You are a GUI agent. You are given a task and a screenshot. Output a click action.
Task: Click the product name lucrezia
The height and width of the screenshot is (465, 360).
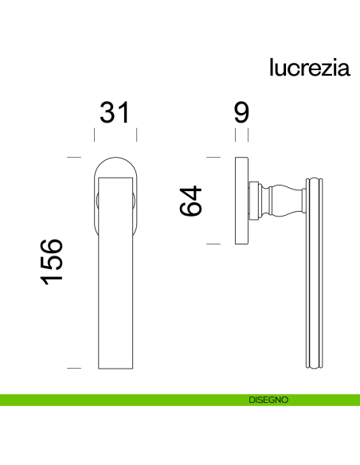[309, 68]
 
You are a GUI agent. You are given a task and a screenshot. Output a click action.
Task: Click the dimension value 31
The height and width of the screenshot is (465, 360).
[114, 113]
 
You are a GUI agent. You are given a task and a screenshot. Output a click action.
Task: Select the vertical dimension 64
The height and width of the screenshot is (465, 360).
[192, 201]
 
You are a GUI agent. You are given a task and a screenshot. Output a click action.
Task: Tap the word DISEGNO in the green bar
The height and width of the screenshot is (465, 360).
[268, 400]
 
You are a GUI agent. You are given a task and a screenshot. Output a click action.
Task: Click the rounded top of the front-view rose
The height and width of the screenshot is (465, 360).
[115, 162]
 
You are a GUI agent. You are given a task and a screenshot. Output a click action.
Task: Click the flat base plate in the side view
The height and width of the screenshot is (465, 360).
[241, 201]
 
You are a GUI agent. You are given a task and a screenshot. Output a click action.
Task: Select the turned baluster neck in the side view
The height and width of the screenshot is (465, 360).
[282, 201]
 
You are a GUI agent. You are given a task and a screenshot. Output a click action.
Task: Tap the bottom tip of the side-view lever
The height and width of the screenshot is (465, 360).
[315, 366]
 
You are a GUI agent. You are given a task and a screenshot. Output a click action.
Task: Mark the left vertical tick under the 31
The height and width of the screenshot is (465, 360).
[92, 135]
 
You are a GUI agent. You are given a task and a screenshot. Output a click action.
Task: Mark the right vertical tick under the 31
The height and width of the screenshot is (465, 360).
[137, 135]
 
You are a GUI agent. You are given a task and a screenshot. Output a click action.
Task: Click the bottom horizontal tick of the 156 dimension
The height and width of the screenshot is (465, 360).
[74, 368]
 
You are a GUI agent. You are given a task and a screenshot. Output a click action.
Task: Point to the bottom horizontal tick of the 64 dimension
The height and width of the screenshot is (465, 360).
[213, 243]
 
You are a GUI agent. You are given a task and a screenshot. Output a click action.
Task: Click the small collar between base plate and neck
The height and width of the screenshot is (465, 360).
[253, 201]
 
